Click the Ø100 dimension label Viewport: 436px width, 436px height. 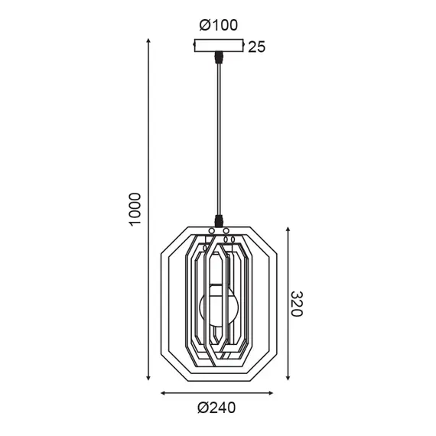coord(218,24)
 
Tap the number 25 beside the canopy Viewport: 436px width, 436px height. coord(257,47)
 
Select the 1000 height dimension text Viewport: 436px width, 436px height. coord(135,208)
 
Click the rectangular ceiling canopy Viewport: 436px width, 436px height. coord(219,46)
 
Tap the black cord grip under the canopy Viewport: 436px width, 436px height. coord(220,57)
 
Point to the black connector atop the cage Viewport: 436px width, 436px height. coord(220,224)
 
